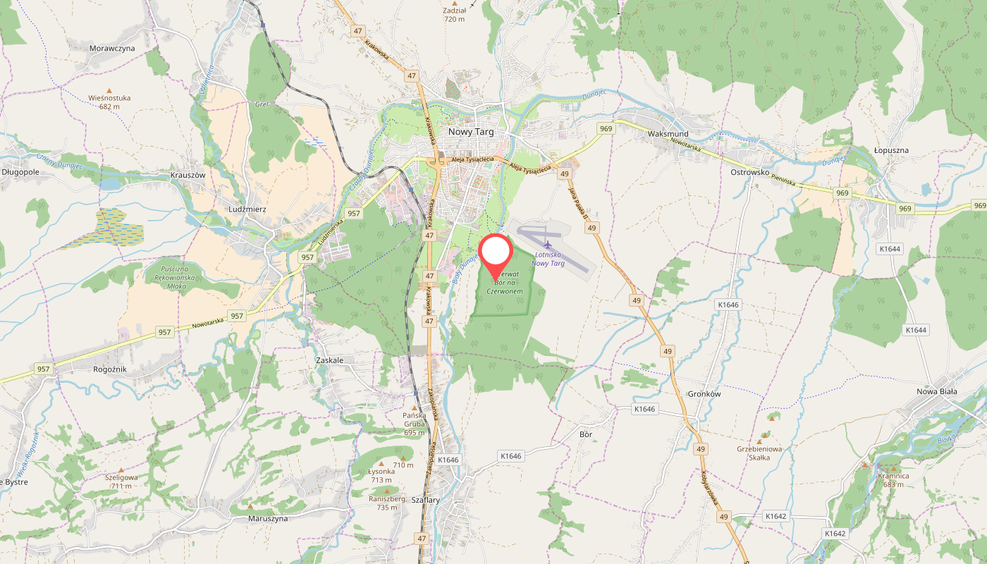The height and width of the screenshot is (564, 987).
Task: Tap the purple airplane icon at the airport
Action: point(548,245)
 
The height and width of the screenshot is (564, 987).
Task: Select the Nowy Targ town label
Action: point(472,132)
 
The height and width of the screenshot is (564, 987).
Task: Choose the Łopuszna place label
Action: point(891,150)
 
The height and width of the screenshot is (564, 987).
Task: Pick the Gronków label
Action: point(704,394)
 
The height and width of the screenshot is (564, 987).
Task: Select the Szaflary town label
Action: point(425,500)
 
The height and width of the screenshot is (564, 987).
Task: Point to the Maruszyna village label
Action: point(268,518)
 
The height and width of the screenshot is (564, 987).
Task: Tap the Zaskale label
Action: point(329,360)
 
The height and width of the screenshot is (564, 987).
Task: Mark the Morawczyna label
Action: point(112,49)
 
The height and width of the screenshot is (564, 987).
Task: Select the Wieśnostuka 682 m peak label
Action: point(109,102)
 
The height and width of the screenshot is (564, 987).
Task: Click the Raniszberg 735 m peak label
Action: point(387,503)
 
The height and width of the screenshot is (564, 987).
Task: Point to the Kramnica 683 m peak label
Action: point(893,480)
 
